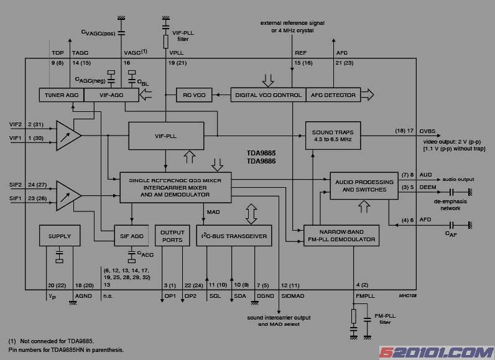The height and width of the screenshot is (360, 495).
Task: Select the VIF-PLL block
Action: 166,136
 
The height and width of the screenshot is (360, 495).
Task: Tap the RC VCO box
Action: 194,95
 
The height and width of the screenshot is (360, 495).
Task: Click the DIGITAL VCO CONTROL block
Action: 267,95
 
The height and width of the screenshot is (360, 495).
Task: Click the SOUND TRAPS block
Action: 333,136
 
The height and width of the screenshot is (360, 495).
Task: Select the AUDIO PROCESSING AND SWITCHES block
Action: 364,185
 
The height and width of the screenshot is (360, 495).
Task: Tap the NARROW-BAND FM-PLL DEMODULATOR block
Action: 341,236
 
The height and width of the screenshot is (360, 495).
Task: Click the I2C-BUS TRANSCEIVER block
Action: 234,236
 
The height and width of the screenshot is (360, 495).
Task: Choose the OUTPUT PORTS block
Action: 172,236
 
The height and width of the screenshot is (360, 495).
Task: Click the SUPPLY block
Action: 60,236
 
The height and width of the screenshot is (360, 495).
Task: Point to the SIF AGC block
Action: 132,236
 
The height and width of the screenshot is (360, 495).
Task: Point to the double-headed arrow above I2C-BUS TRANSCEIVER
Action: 252,213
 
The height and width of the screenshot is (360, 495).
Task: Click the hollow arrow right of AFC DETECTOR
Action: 368,95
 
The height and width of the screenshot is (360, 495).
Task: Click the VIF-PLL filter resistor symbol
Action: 166,42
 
